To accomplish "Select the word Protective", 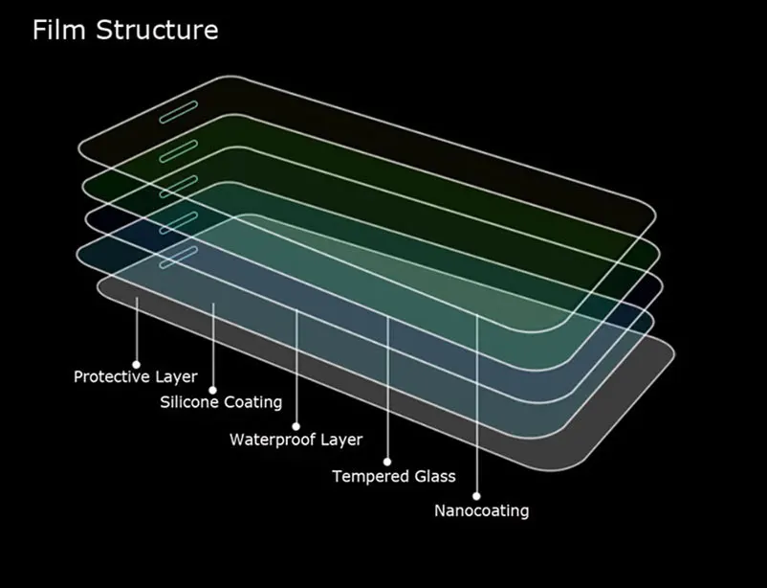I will click(x=112, y=376).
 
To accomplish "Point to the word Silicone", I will click(x=189, y=402).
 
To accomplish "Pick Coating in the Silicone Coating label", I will click(x=252, y=402).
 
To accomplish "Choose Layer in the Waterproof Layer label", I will click(x=340, y=441).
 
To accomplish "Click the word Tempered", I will click(x=371, y=476).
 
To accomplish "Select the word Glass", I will click(x=435, y=476).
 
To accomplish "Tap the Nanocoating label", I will click(x=481, y=510).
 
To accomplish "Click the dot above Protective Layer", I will click(x=137, y=364).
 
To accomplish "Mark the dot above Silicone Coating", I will click(x=213, y=390).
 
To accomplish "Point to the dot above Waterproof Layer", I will click(x=296, y=426).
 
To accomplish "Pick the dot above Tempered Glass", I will click(x=387, y=463).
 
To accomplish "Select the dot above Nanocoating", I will click(x=476, y=497).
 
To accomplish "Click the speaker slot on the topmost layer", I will click(x=179, y=110).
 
